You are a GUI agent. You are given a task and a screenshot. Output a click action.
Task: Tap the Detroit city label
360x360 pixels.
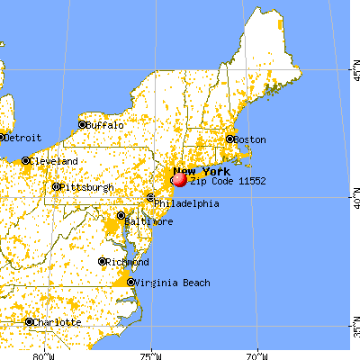click(x=17, y=138)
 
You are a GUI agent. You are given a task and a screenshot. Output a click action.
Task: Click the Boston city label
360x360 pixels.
click(x=251, y=139)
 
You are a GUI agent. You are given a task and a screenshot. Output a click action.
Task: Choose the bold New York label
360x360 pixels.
click(x=202, y=171)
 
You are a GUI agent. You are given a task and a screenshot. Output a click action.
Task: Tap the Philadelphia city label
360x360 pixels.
click(x=186, y=203)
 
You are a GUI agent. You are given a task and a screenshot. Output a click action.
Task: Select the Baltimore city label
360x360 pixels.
click(x=148, y=220)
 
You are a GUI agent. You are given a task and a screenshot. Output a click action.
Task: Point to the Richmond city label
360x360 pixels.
click(x=128, y=262)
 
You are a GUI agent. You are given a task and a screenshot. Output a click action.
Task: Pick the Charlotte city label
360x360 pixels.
click(x=58, y=322)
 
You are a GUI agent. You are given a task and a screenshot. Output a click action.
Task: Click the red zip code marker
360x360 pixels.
click(x=179, y=179)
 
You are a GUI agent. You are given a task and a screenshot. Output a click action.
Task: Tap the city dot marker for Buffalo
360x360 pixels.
click(x=82, y=125)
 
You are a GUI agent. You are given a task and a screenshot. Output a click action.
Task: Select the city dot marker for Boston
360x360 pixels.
click(x=230, y=139)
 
